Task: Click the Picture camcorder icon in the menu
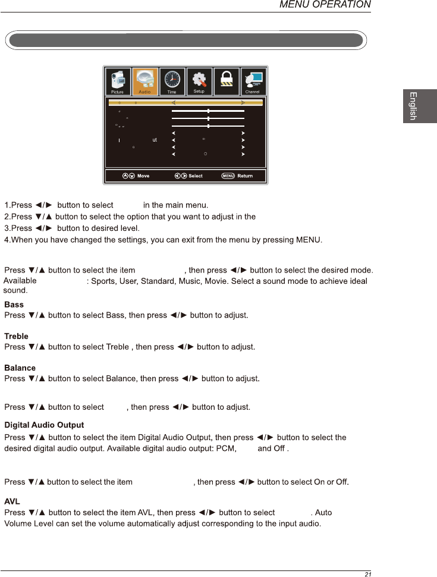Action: coord(117,80)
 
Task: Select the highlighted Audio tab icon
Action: coord(145,80)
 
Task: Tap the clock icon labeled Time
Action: coord(172,80)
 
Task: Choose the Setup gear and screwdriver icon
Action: coord(199,80)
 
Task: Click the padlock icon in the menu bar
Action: coord(227,80)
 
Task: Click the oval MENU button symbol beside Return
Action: coord(228,176)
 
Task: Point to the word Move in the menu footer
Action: coord(143,176)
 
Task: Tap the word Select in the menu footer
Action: coord(196,176)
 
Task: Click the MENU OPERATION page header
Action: coord(325,5)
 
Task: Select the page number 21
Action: coord(368,574)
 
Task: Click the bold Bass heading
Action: coord(14,305)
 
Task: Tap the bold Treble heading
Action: coord(16,336)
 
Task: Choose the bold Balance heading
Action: coord(20,368)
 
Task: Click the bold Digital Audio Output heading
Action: coord(44,425)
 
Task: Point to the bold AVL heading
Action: coord(12,501)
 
